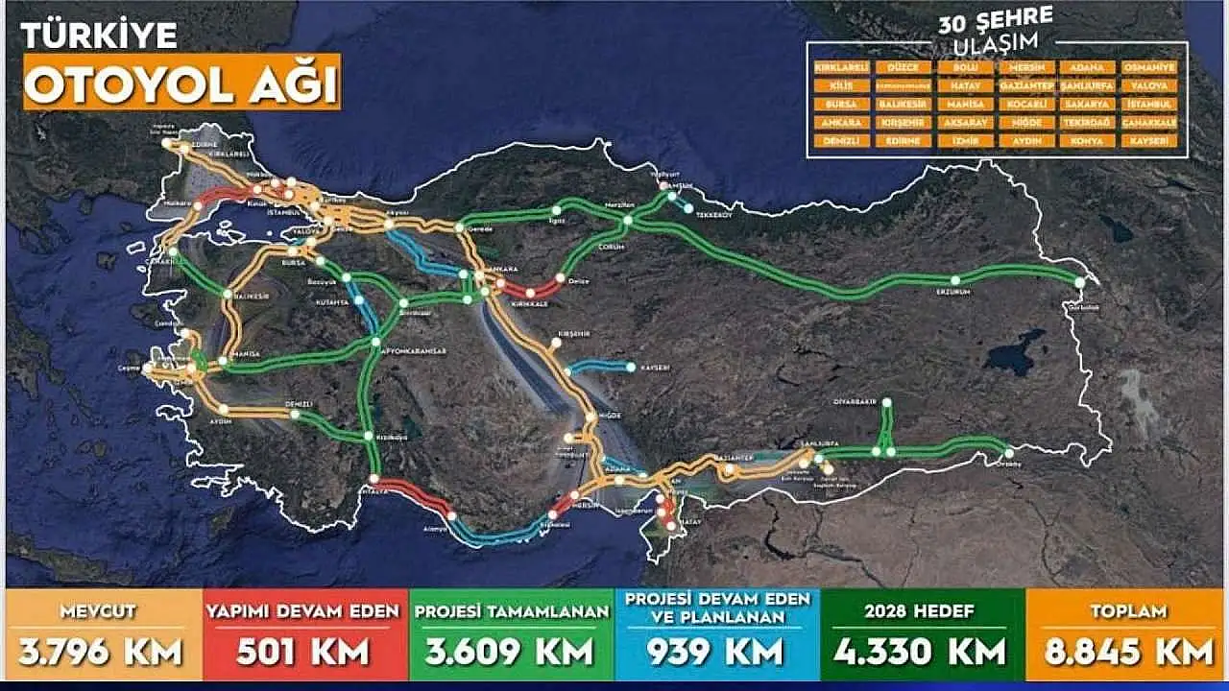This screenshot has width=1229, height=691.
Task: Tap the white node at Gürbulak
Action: click(1080, 282)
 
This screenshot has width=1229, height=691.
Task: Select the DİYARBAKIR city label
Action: click(862, 392)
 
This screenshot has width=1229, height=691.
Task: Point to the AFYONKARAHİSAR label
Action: click(418, 352)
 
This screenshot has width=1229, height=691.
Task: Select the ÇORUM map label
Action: click(610, 247)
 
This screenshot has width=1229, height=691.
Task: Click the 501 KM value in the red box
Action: click(302, 651)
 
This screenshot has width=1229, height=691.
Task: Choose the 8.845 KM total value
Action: click(1127, 651)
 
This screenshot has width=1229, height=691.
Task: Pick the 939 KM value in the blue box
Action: click(716, 653)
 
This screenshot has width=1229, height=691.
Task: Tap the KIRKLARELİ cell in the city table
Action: click(841, 68)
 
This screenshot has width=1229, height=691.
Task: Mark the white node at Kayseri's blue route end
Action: click(631, 367)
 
